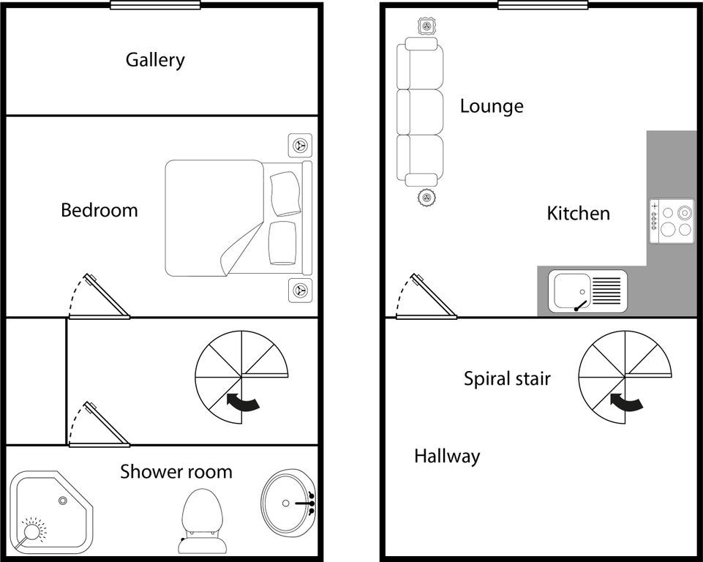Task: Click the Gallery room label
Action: pyautogui.click(x=155, y=59)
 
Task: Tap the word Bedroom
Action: pyautogui.click(x=99, y=211)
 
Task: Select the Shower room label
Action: pyautogui.click(x=176, y=472)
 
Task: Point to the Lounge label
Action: pyautogui.click(x=492, y=106)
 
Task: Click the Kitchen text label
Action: pyautogui.click(x=578, y=214)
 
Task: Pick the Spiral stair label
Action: pyautogui.click(x=507, y=378)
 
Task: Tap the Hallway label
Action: pyautogui.click(x=447, y=457)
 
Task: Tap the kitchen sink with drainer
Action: pyautogui.click(x=590, y=291)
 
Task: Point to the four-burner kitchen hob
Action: pyautogui.click(x=671, y=222)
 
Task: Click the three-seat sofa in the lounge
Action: pyautogui.click(x=420, y=111)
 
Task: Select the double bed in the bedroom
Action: pyautogui.click(x=234, y=218)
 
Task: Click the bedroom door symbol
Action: pyautogui.click(x=99, y=299)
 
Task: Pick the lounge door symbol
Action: pyautogui.click(x=426, y=298)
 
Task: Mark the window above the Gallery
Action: pyautogui.click(x=155, y=4)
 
